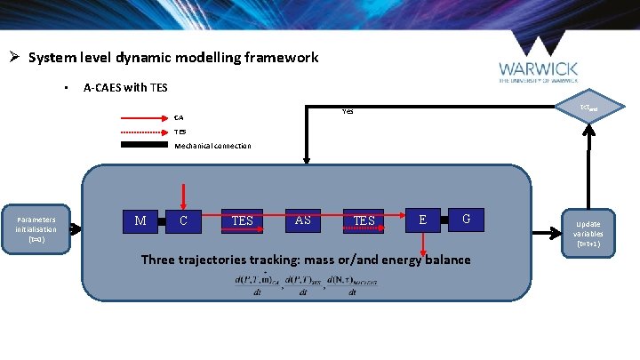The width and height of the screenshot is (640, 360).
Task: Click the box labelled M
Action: pos(140,220)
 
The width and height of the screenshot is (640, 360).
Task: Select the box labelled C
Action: pos(183,220)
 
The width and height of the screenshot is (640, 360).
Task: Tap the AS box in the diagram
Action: pos(302,220)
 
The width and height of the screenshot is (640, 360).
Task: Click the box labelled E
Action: pos(423,219)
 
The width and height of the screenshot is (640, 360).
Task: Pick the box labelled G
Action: pos(467,219)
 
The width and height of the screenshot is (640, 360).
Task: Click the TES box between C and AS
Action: pos(242,220)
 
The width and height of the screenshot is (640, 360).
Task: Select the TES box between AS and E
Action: pos(364,220)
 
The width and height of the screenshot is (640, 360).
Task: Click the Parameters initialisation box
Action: pos(36,229)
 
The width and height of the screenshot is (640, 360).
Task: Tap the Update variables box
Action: pos(588,233)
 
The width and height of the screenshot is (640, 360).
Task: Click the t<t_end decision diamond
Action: pos(588,107)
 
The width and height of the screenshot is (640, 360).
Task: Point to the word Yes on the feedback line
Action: pos(348,112)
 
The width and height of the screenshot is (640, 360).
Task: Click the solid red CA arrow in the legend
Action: pos(144,117)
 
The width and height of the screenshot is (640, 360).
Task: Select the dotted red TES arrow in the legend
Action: pos(144,131)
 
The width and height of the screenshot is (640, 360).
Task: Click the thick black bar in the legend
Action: pos(144,145)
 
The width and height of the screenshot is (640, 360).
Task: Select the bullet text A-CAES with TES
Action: pos(125,88)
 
